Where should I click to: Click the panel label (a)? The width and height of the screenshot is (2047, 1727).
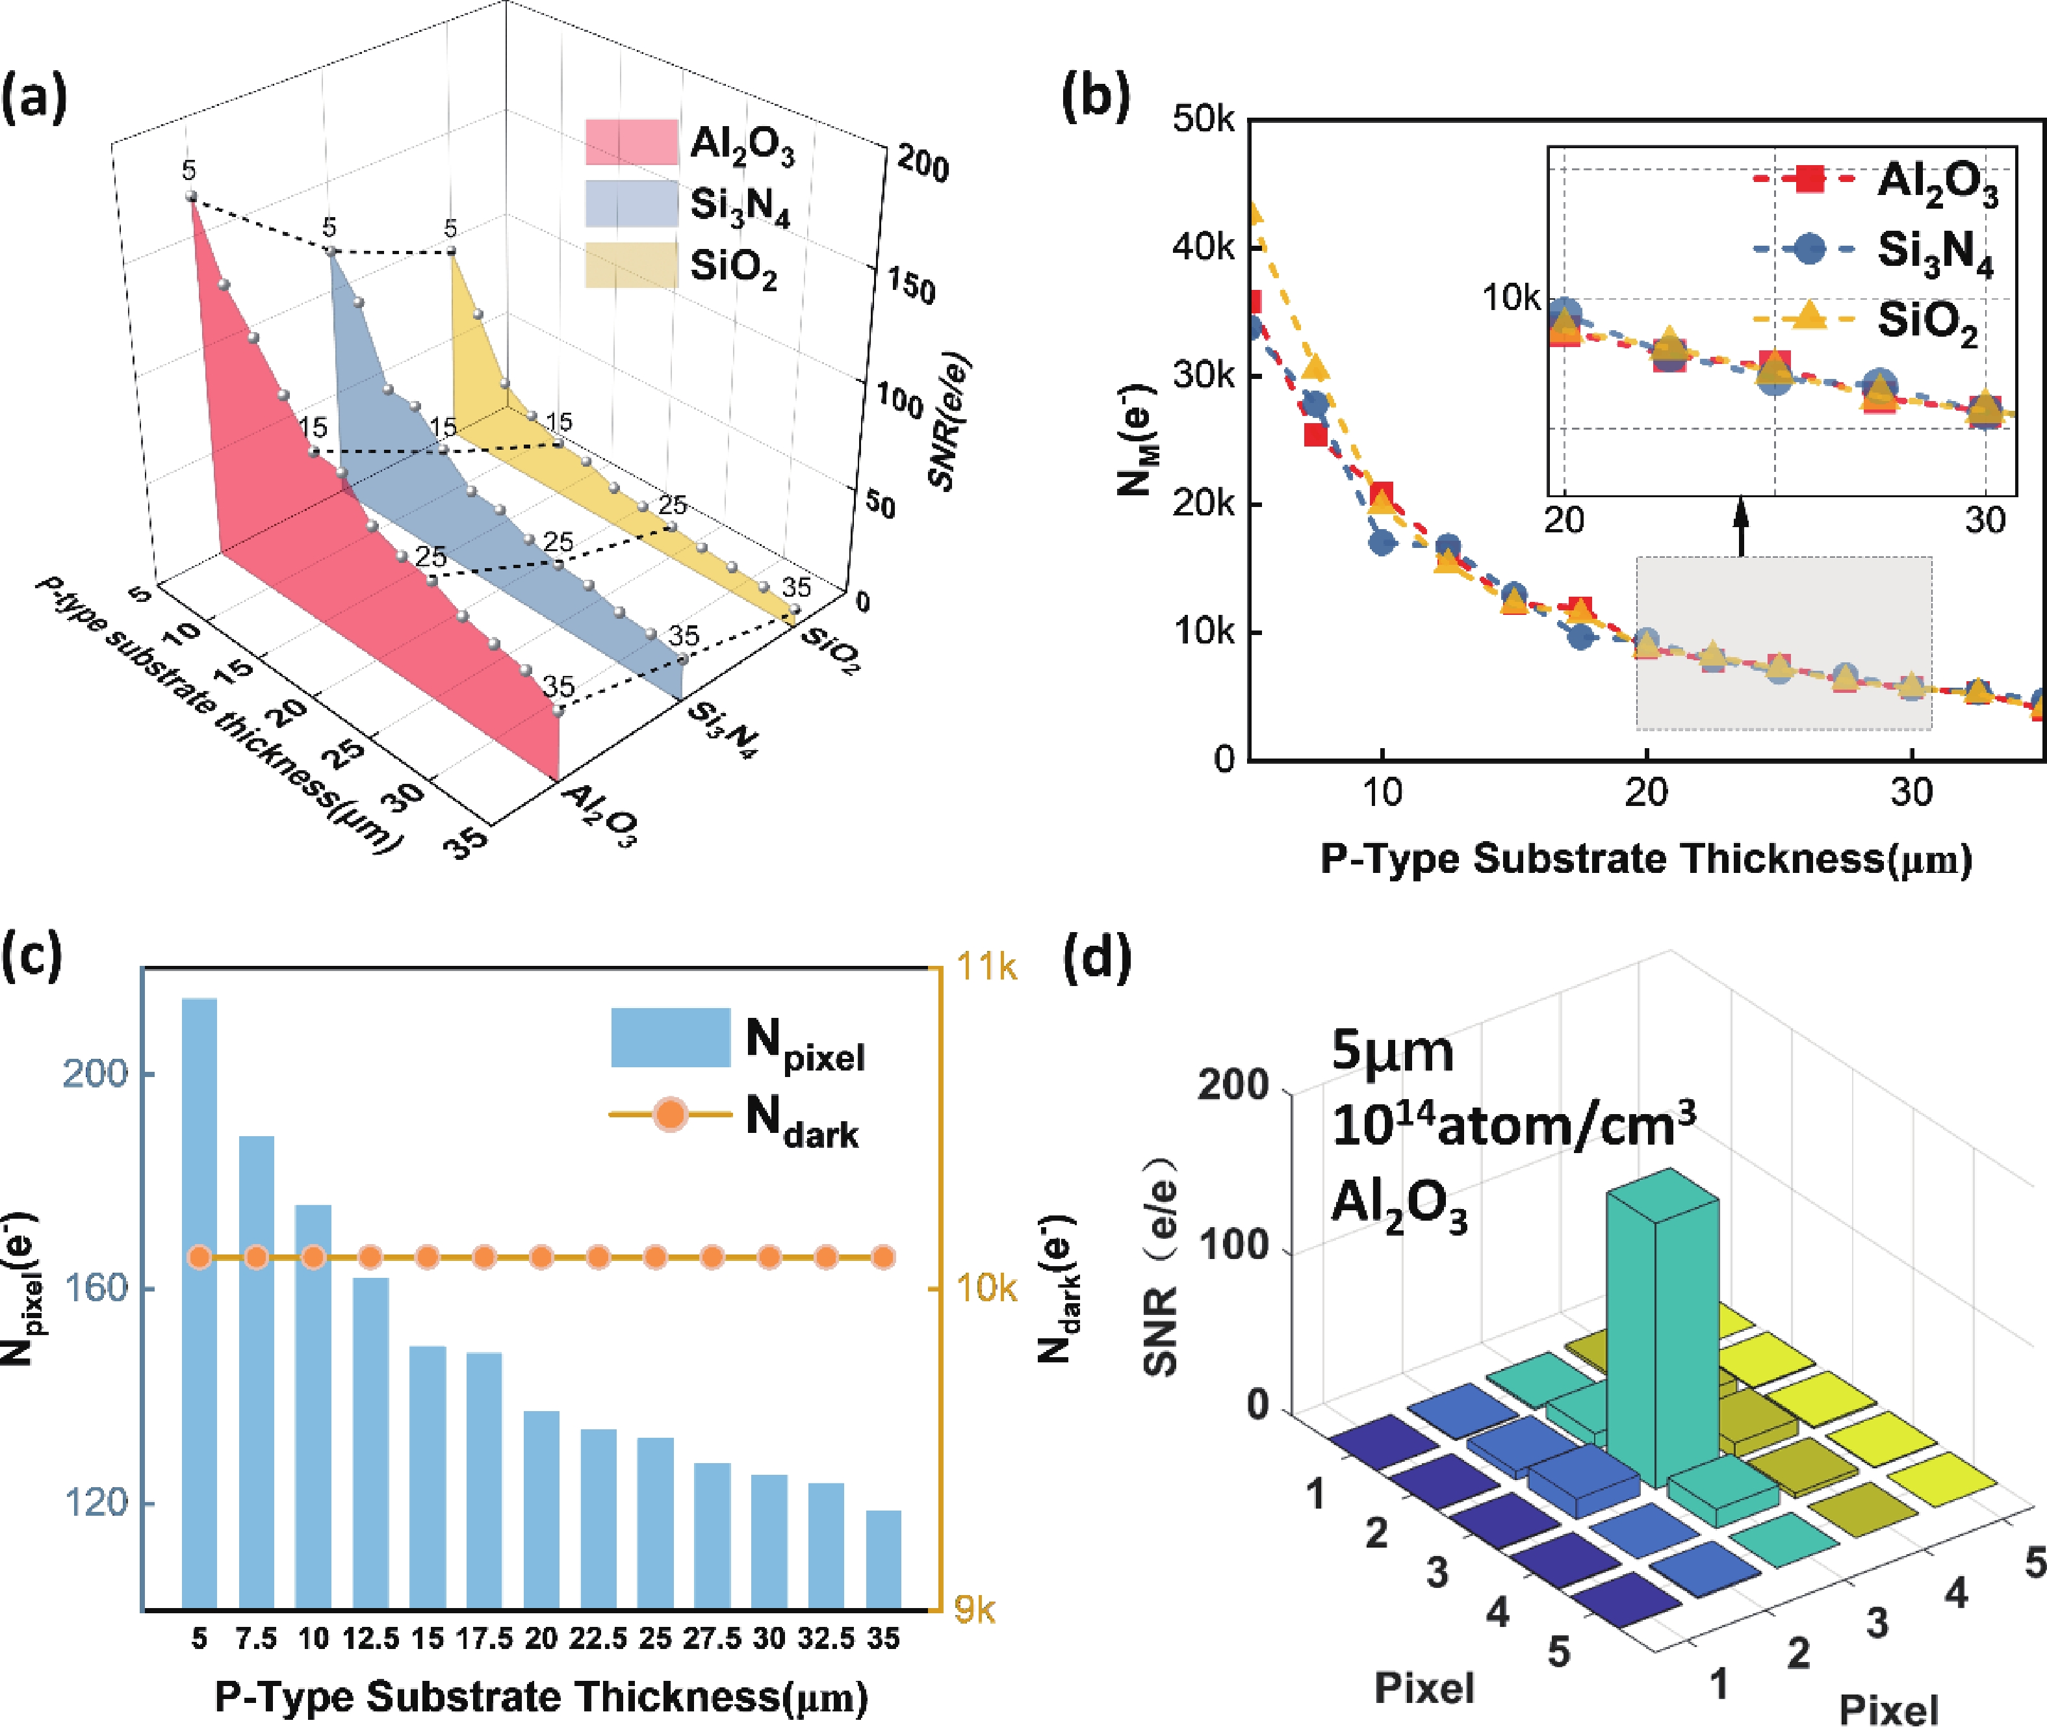coord(34,101)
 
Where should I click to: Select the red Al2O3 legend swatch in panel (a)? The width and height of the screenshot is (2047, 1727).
coord(632,142)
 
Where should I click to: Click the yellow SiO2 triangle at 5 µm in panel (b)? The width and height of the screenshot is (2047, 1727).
coord(1254,213)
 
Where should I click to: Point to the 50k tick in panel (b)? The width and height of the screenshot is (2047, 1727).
coord(1204,120)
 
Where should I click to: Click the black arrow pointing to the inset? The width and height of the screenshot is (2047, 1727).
coord(1740,528)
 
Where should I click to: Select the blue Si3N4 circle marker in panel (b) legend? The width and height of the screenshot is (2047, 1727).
coord(1810,249)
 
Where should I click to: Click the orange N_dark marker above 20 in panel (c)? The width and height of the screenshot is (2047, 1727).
coord(541,1257)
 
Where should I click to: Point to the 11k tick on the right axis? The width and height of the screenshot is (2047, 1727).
coord(986,967)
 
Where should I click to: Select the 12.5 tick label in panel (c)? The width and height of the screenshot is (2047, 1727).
coord(370,1639)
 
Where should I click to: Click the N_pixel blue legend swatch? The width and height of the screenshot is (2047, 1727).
coord(671,1037)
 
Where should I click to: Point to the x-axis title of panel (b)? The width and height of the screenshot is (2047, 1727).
coord(1645,859)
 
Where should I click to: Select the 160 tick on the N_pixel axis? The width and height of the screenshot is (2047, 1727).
coord(95,1288)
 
